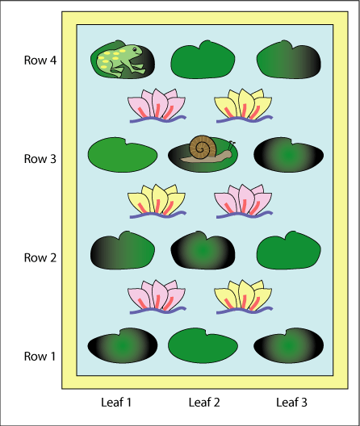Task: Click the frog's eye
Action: click(x=135, y=49)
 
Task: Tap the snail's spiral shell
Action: click(x=202, y=147)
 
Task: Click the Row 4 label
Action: click(x=40, y=61)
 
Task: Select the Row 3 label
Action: click(x=40, y=159)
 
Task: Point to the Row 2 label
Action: click(x=40, y=257)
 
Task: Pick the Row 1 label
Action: click(x=40, y=356)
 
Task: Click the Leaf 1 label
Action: click(x=116, y=403)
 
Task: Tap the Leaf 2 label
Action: click(x=204, y=403)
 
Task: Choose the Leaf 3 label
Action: click(x=291, y=403)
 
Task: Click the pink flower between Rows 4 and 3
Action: click(x=157, y=106)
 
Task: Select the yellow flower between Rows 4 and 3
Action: click(x=244, y=106)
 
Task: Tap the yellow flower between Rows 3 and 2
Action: click(x=157, y=202)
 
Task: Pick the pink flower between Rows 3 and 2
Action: click(x=244, y=202)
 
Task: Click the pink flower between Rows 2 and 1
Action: click(x=157, y=297)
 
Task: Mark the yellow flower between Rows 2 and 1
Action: click(x=244, y=297)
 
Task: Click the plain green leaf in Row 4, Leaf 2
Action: click(x=203, y=60)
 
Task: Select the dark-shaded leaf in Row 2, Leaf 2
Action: click(x=203, y=250)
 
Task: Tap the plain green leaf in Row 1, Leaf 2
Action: click(x=203, y=345)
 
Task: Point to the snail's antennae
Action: click(x=232, y=145)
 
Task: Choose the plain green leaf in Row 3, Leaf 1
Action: click(x=123, y=155)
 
